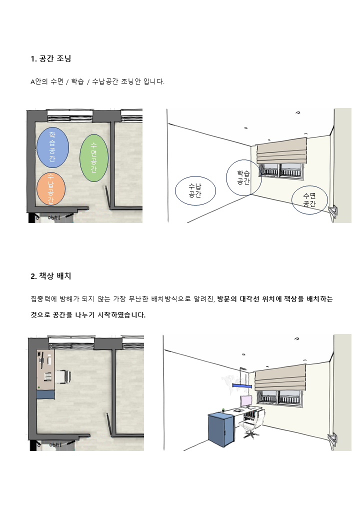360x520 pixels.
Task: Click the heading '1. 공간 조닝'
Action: (x=50, y=58)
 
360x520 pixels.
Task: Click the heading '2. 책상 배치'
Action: (x=51, y=276)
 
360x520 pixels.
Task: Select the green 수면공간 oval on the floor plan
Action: (x=94, y=158)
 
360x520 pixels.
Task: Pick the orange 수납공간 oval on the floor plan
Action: (x=51, y=188)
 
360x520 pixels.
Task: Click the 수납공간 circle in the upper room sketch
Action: (x=195, y=190)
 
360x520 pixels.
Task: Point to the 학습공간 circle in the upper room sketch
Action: (x=243, y=177)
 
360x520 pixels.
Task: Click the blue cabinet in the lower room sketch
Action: (x=221, y=429)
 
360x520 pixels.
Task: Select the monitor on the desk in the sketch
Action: (x=246, y=400)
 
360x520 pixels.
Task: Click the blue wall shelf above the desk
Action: (x=241, y=385)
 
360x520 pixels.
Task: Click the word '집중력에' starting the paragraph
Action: (x=45, y=299)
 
